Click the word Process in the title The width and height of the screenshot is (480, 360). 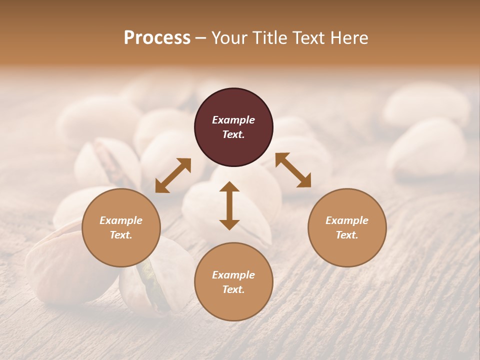tap(157, 37)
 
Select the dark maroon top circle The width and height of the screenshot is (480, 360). tap(233, 127)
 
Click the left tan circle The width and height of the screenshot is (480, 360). tap(121, 227)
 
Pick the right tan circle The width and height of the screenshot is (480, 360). tap(347, 227)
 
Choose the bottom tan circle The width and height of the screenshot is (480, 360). tap(233, 281)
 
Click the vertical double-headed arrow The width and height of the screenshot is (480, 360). tap(229, 205)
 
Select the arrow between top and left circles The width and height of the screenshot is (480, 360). tap(173, 175)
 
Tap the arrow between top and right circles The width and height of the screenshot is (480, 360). tap(293, 170)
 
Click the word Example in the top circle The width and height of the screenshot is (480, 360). tap(233, 120)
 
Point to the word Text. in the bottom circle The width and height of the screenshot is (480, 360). tap(233, 289)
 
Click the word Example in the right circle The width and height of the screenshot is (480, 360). tap(347, 220)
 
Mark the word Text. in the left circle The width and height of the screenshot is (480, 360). tap(121, 235)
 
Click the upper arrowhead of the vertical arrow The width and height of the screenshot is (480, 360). tap(229, 187)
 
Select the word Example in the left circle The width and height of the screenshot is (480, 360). tap(121, 220)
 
